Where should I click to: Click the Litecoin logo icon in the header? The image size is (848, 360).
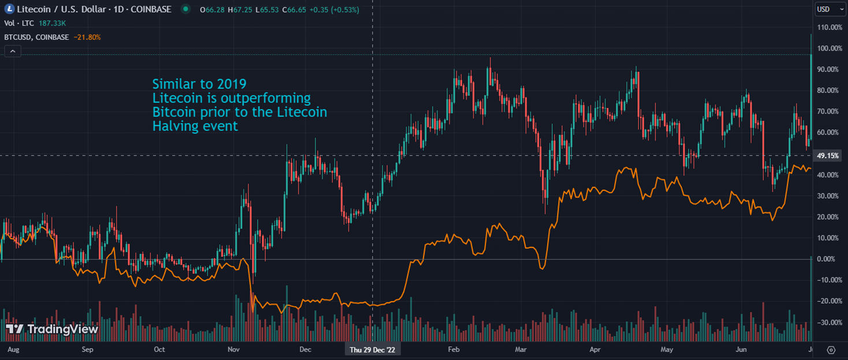click(9, 10)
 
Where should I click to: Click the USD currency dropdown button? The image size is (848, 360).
click(830, 9)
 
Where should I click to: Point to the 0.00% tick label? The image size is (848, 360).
click(827, 259)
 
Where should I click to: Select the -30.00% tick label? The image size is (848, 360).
click(828, 322)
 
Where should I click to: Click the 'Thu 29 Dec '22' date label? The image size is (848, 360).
click(373, 350)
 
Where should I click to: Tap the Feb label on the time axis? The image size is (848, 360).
click(453, 350)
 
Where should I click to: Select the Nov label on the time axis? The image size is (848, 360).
click(234, 350)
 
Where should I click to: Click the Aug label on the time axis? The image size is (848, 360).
click(13, 350)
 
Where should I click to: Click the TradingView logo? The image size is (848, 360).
click(52, 329)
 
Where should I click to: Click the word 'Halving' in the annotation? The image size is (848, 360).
click(173, 126)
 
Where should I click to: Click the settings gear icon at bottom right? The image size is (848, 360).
click(831, 350)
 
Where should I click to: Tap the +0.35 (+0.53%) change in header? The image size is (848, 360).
click(334, 10)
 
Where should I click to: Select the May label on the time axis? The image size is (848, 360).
click(667, 350)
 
